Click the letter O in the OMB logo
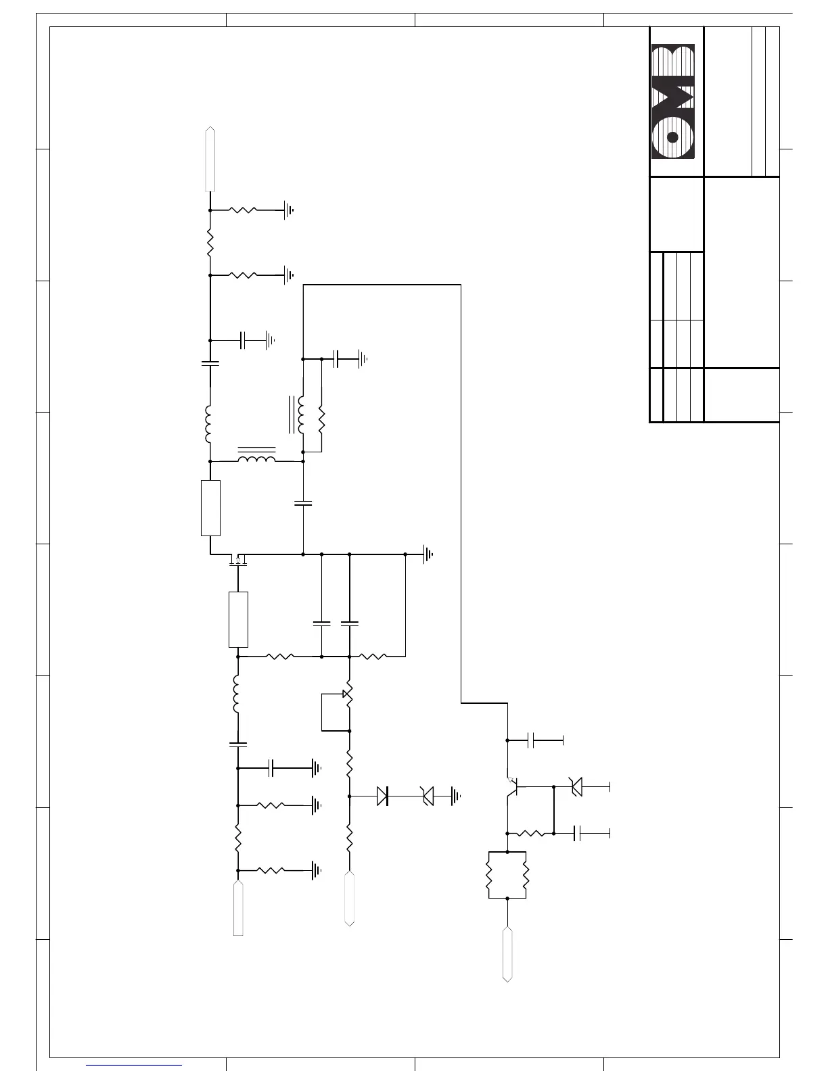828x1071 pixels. [x=672, y=137]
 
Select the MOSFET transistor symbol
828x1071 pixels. [x=238, y=560]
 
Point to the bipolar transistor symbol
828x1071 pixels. [x=512, y=786]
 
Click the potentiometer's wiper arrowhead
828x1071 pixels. [x=345, y=694]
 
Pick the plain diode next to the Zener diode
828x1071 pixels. [x=383, y=796]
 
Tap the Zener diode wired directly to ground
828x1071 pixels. [x=428, y=796]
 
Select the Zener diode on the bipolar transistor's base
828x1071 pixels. [x=576, y=787]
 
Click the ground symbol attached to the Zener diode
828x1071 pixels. [x=456, y=796]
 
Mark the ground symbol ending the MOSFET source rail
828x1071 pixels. [x=428, y=554]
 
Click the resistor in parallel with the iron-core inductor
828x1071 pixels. [x=321, y=420]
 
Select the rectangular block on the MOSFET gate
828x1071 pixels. [x=238, y=619]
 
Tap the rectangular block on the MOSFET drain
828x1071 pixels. [x=210, y=508]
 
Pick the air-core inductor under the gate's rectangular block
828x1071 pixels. [x=236, y=694]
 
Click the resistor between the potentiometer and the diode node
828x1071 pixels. [x=350, y=763]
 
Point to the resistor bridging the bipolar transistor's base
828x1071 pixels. [x=530, y=834]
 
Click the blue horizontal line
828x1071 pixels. [x=134, y=1065]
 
